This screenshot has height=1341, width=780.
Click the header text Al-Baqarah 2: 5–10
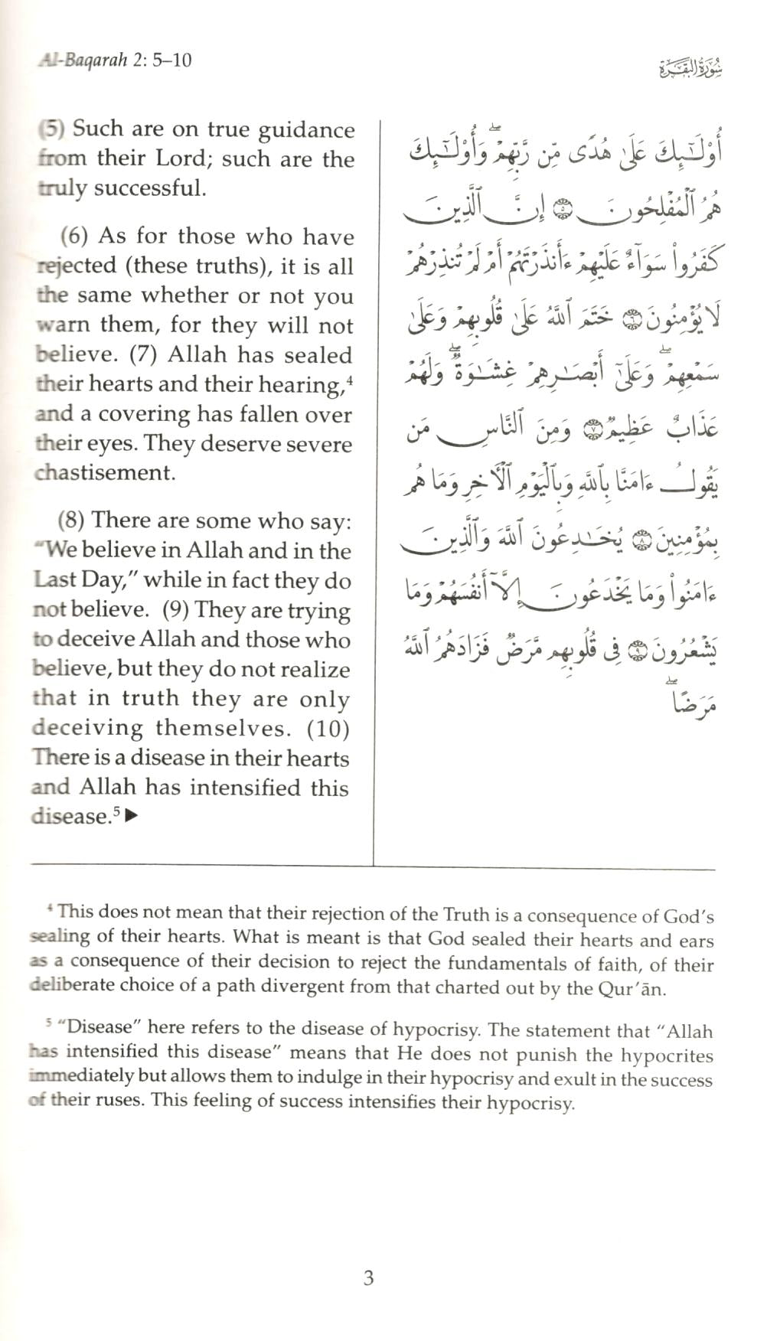[115, 59]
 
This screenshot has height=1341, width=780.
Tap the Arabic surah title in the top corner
[690, 70]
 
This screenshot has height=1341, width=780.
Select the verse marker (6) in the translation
[74, 236]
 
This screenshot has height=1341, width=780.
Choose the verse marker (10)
[328, 728]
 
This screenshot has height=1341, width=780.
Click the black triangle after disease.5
[131, 816]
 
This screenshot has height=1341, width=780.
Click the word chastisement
[105, 472]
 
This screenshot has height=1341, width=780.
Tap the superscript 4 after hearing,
[348, 378]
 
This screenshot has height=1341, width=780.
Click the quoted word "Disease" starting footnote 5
[95, 1027]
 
